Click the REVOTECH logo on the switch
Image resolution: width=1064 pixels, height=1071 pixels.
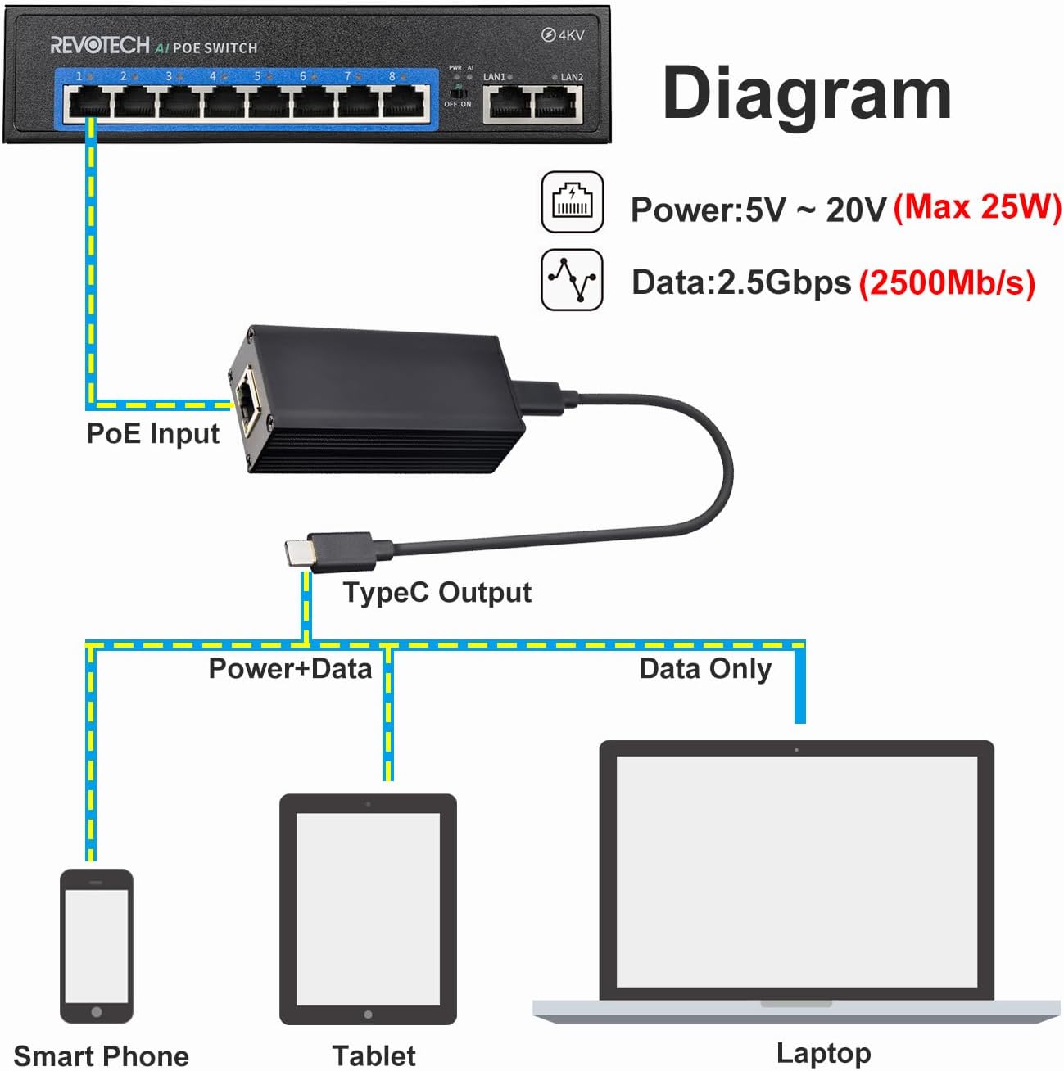pos(100,45)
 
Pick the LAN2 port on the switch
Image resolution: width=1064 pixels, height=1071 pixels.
pos(558,104)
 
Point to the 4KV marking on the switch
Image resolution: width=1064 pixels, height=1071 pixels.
pos(563,35)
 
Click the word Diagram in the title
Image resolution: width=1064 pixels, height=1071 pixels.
pos(807,93)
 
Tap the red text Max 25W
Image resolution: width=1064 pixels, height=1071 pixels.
pos(977,207)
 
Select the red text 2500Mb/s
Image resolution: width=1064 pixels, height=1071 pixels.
pos(948,282)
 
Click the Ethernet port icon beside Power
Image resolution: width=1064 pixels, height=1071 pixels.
pos(573,201)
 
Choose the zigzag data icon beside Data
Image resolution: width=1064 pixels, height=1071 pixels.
pos(573,279)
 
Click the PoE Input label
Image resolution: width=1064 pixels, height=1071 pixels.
pos(153,433)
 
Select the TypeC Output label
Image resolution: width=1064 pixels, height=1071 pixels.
pos(437,592)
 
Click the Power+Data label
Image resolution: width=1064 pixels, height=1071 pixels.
pos(290,669)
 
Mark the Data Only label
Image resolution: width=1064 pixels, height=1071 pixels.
pos(705,669)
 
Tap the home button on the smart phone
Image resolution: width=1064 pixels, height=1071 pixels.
pos(97,1012)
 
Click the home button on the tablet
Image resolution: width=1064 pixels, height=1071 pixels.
pos(368,1015)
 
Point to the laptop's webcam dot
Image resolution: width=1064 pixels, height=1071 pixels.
pos(796,750)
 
